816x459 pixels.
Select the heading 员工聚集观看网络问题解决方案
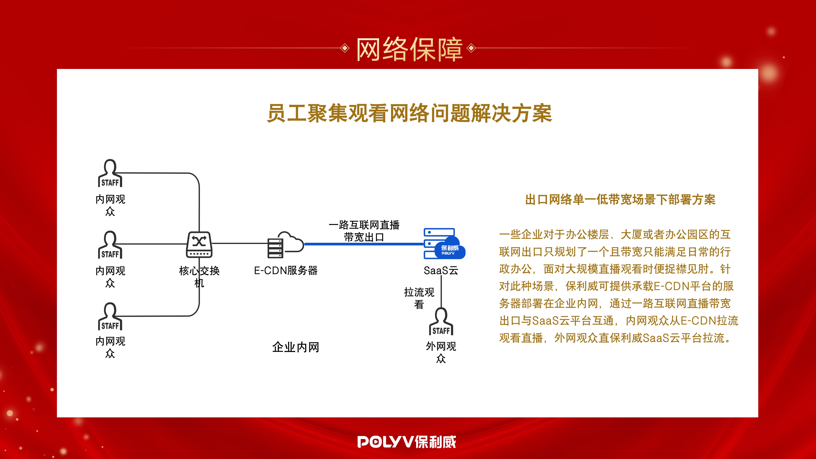(x=409, y=113)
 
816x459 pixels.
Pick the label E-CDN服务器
(x=286, y=271)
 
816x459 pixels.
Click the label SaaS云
(x=441, y=271)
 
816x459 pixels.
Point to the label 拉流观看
(x=419, y=298)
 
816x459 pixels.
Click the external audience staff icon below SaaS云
(x=441, y=321)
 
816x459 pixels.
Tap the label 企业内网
(x=296, y=347)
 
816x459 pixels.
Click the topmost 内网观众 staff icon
(x=110, y=173)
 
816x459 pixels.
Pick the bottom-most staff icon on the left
(x=110, y=316)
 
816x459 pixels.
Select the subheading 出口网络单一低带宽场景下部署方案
(x=620, y=200)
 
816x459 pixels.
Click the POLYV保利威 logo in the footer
(x=407, y=442)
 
